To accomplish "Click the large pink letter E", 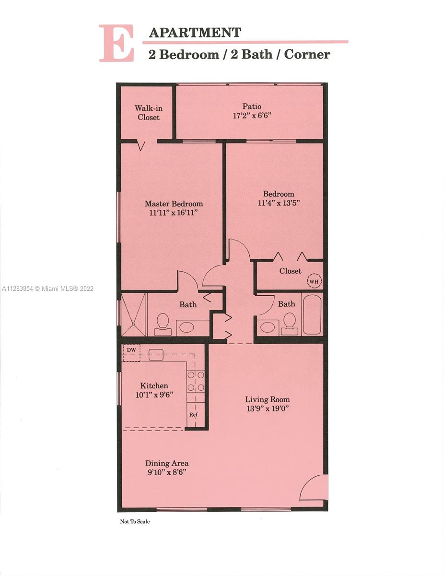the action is [117, 43].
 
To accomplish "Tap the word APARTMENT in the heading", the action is [195, 33].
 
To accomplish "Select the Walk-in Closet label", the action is [149, 113].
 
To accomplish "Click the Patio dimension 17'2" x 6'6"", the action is [252, 116].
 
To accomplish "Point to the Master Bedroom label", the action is [174, 204].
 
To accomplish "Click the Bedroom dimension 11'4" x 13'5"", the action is [279, 203].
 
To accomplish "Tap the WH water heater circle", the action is [314, 281].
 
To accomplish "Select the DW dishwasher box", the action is [131, 353].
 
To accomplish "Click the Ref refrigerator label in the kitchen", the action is [193, 415].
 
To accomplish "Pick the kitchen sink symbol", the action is [156, 355].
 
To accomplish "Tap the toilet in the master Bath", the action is [163, 324].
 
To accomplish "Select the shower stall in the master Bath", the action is [133, 314].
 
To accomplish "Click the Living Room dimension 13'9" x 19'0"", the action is [268, 408].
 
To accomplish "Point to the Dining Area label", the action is [167, 463].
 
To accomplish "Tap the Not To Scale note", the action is [135, 521].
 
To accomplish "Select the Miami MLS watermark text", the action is [47, 288].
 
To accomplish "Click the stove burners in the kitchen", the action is [196, 382].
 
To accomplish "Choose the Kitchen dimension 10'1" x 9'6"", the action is [154, 395].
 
